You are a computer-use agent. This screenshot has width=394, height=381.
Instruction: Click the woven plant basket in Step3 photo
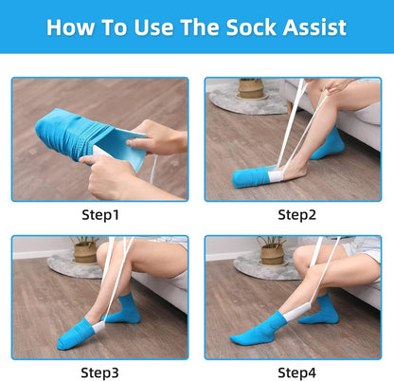pyautogui.click(x=86, y=252)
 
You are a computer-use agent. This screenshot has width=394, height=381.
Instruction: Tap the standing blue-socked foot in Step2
pyautogui.click(x=327, y=146)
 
